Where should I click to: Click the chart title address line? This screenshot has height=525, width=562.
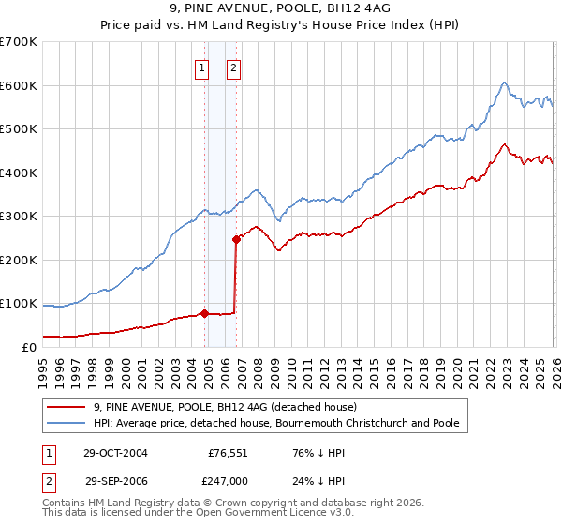pos(280,9)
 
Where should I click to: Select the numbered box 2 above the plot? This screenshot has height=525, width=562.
pos(232,67)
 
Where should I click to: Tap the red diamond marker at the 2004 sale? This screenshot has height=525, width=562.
pos(204,313)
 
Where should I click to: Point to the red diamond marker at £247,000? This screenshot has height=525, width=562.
pos(236,239)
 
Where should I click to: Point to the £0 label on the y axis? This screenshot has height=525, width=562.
pos(28,347)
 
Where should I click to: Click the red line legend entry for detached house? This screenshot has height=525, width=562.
pos(225,407)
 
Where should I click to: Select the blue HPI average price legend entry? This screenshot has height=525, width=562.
pos(275,423)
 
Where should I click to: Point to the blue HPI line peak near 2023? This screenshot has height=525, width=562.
pos(504,82)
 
